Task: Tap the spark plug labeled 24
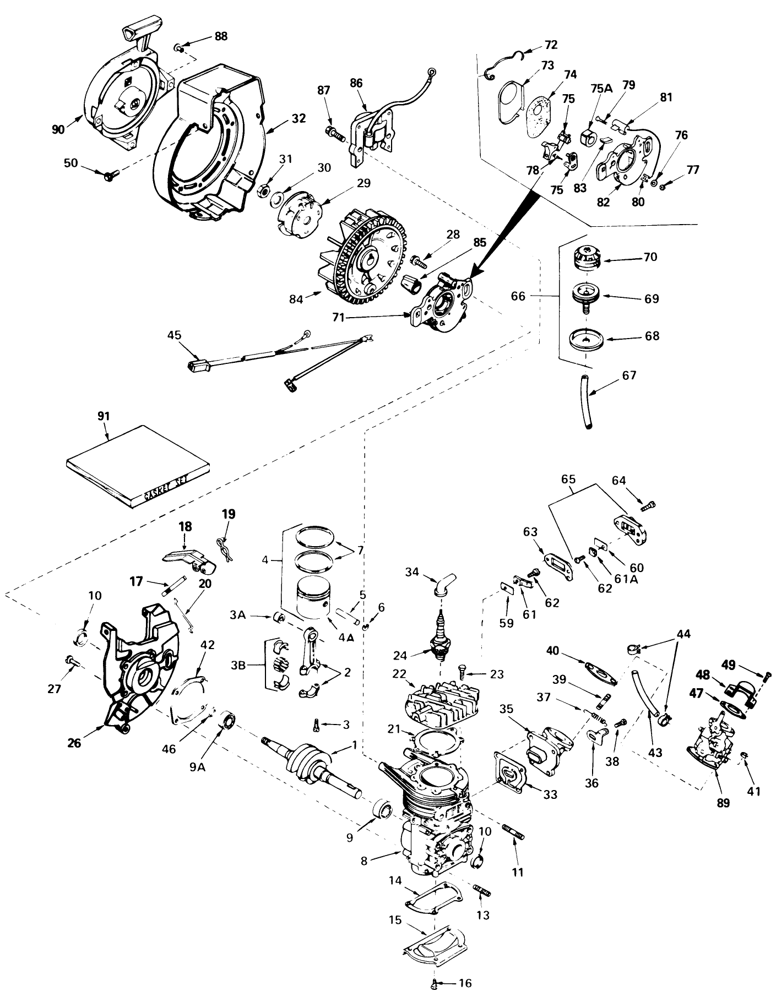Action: (x=441, y=639)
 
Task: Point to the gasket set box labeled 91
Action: (x=138, y=466)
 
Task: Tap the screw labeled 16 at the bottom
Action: (x=433, y=983)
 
